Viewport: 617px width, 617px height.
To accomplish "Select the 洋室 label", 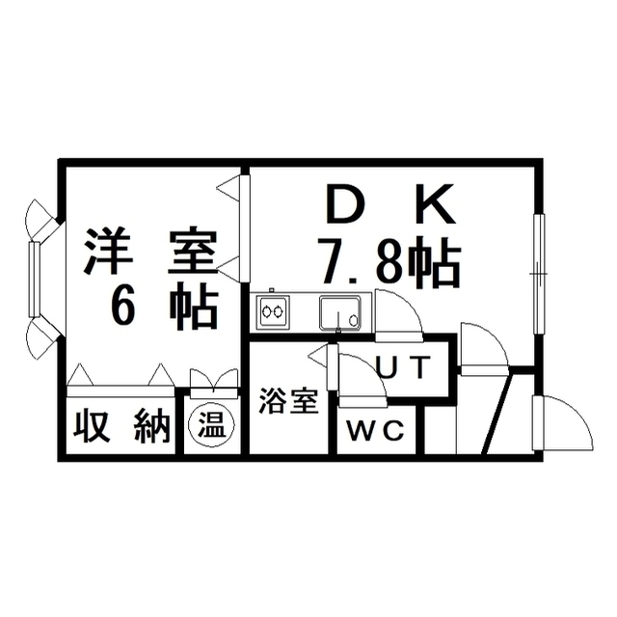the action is pyautogui.click(x=151, y=251).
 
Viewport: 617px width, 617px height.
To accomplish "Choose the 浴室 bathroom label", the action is pyautogui.click(x=289, y=401).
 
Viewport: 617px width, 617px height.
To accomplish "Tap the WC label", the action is pyautogui.click(x=375, y=430).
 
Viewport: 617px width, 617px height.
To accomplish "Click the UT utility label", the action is pyautogui.click(x=403, y=366).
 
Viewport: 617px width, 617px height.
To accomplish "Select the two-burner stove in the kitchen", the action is pyautogui.click(x=273, y=312).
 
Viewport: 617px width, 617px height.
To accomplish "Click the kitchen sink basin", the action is pyautogui.click(x=340, y=312).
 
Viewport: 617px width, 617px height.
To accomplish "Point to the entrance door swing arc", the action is pyautogui.click(x=563, y=422).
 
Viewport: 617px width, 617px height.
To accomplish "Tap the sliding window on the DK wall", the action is pyautogui.click(x=539, y=274).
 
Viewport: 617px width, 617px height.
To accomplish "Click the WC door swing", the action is pyautogui.click(x=362, y=380).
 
